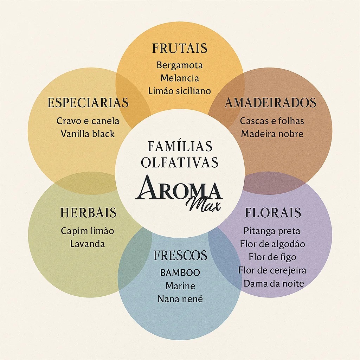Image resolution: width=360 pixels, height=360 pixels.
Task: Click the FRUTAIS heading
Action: click(x=180, y=49)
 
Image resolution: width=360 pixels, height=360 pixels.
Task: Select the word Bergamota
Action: click(x=180, y=65)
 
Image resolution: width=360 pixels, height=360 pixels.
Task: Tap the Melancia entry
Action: click(x=180, y=78)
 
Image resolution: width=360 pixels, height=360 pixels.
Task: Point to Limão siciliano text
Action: click(x=180, y=91)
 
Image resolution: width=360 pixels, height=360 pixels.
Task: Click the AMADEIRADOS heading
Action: click(x=270, y=103)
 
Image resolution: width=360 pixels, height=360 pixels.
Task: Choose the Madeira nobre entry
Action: click(x=272, y=134)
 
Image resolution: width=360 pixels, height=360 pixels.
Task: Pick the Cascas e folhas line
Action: click(x=272, y=121)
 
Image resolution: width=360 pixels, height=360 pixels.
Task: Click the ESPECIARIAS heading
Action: click(x=88, y=103)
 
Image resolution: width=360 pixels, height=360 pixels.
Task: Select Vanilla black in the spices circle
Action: click(x=88, y=134)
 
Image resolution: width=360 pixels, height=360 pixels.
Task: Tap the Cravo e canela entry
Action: click(x=88, y=121)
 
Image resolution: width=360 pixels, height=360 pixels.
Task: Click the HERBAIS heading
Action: click(x=88, y=213)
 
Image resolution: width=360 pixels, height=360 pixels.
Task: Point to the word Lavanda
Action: click(x=88, y=244)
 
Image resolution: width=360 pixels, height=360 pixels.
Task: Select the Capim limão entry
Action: click(x=88, y=231)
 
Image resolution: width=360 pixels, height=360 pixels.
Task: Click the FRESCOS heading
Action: click(x=180, y=256)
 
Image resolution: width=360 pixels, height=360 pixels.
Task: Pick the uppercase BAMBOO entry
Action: click(x=180, y=272)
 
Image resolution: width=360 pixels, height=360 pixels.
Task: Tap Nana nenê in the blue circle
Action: click(x=180, y=299)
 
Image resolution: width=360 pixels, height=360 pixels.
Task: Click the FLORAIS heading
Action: click(x=273, y=213)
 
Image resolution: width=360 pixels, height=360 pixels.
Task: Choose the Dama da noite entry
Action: click(x=274, y=283)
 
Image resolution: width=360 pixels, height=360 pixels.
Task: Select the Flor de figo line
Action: click(x=272, y=257)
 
